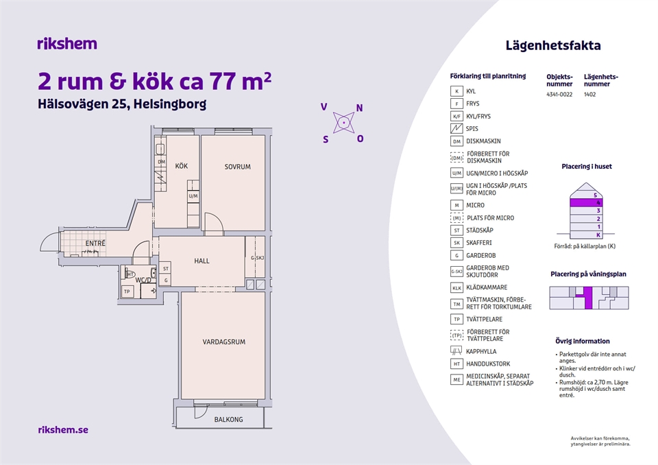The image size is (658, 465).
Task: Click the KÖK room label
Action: pos(181,166)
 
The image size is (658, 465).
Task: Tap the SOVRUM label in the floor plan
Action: pos(238,167)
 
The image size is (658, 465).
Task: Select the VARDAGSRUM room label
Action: pos(224,342)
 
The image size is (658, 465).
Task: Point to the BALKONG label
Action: pos(228,419)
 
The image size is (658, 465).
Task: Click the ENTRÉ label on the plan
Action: pos(95,243)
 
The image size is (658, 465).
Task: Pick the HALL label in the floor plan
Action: pos(202,261)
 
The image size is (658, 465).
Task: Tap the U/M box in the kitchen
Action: pos(193,195)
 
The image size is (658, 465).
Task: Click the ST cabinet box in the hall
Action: pos(166,268)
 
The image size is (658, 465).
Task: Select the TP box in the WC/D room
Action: pos(127,291)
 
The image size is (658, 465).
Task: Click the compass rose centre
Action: pos(344,123)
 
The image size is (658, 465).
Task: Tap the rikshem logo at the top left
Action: pos(67,44)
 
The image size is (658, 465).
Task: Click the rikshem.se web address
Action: pos(63,430)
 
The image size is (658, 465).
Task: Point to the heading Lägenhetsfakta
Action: pos(553,45)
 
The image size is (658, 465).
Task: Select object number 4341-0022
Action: pos(559,95)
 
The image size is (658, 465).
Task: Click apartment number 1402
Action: pos(589,95)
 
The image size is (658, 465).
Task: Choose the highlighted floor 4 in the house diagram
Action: pos(586,203)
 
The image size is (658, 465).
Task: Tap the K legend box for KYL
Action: pos(456,91)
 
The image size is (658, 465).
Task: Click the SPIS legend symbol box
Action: pos(456,128)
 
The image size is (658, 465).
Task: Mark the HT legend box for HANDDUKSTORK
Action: pos(456,363)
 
